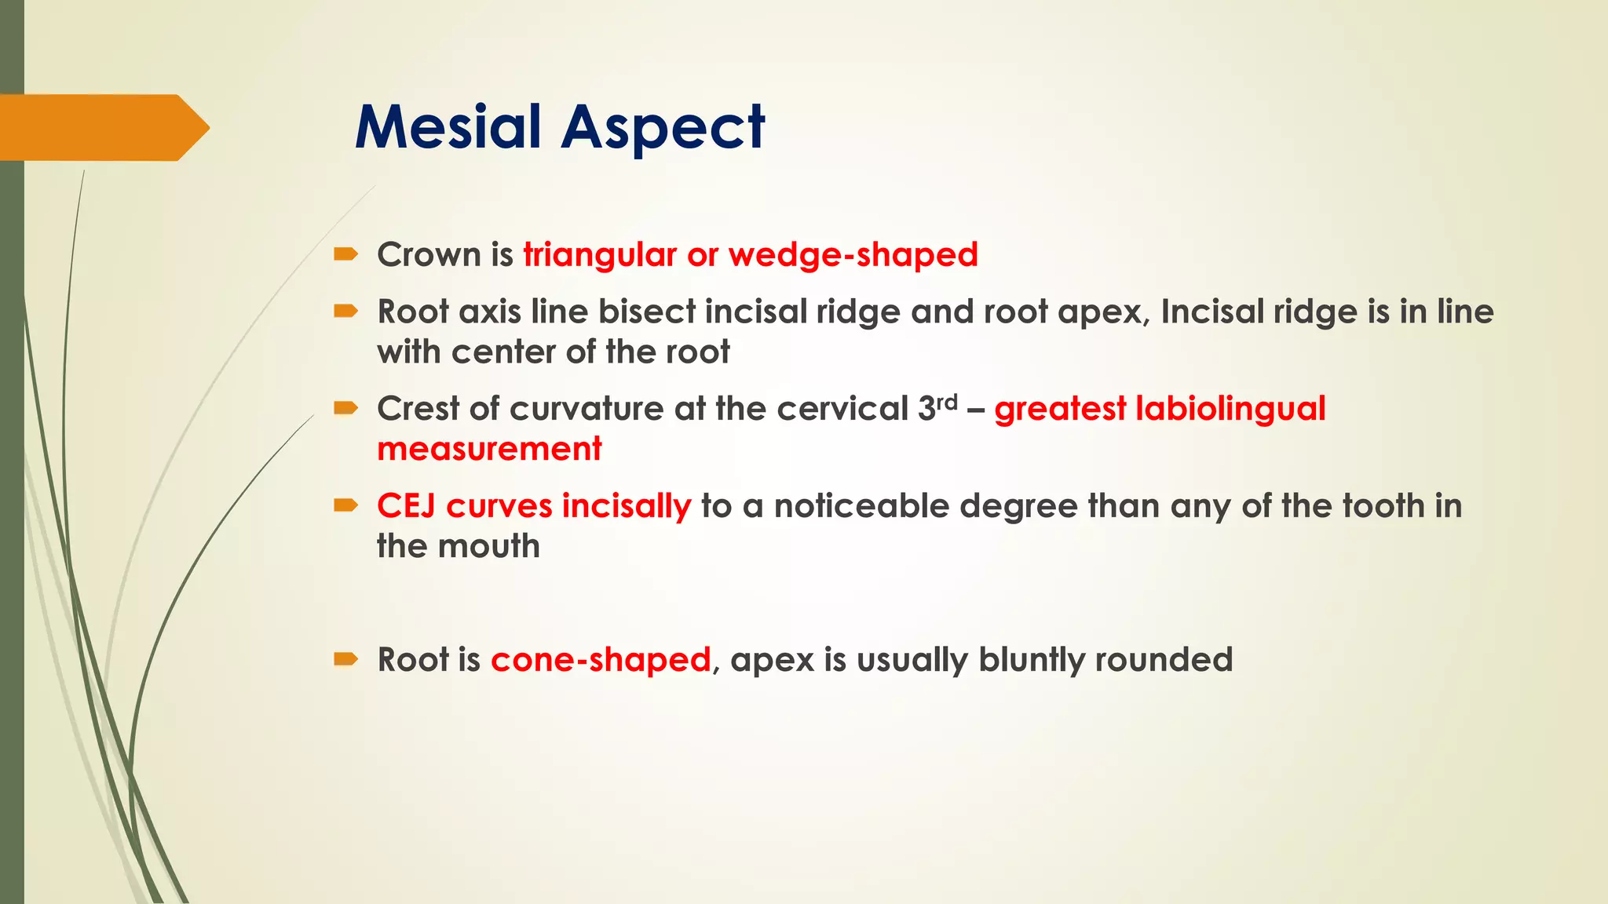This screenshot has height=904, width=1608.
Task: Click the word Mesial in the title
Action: [x=448, y=127]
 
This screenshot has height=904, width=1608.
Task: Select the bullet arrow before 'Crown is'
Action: [x=345, y=253]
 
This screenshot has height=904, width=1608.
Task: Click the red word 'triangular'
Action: [x=600, y=255]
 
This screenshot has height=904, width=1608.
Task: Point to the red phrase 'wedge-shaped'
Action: [x=853, y=255]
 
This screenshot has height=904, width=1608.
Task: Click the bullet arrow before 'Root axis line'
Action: [x=345, y=312]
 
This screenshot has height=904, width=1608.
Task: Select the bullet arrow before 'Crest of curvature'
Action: [x=345, y=408]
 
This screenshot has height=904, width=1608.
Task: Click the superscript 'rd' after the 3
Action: [x=947, y=402]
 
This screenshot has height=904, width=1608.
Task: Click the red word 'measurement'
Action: [x=489, y=449]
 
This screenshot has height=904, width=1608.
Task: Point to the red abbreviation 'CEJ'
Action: [x=406, y=506]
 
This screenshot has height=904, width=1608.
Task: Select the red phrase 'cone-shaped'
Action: [x=601, y=660]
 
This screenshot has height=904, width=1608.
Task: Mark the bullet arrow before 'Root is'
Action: [x=345, y=658]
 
